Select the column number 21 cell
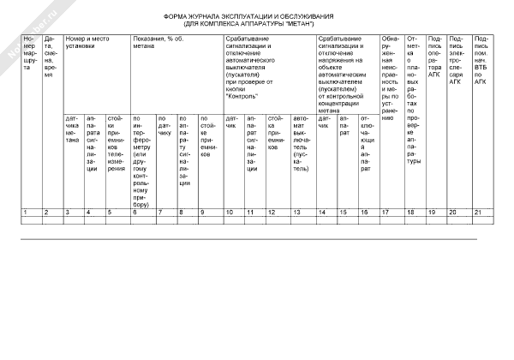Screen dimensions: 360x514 (481, 212)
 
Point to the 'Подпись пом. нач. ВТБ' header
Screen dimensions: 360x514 (481, 54)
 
